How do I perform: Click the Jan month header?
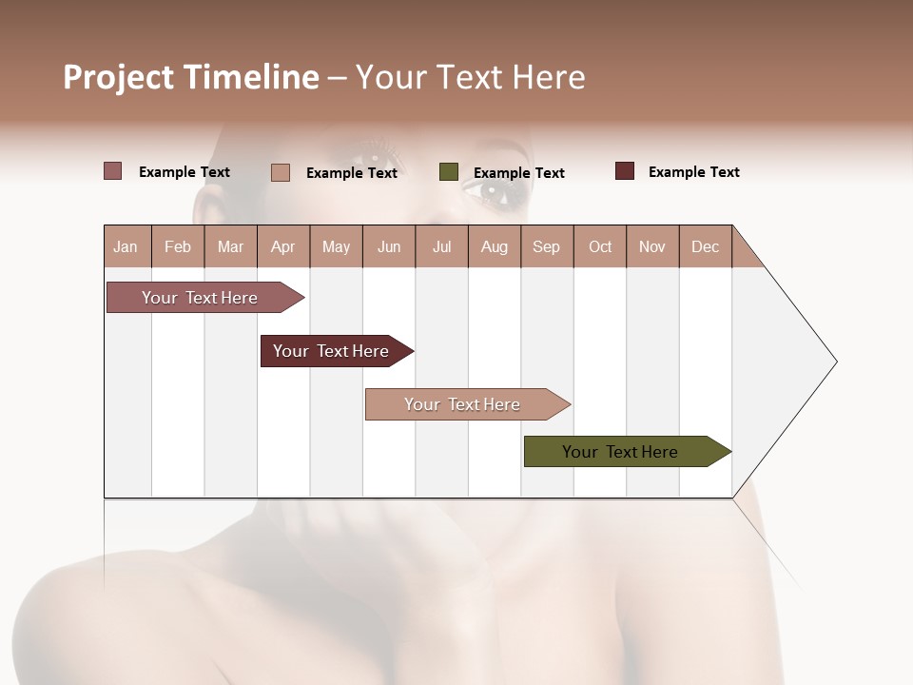(126, 246)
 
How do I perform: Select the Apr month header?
(282, 246)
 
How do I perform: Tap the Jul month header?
(441, 246)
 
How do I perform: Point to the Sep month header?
(546, 246)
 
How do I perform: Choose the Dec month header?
(705, 246)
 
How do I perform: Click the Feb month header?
(178, 246)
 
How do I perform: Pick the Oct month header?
(600, 246)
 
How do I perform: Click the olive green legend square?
(449, 172)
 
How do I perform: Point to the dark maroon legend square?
(625, 171)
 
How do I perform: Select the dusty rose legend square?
(113, 171)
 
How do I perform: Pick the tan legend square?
(281, 172)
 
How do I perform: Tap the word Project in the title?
(119, 77)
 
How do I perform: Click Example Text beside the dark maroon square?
(693, 172)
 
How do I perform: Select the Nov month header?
(651, 246)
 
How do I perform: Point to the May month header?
(336, 246)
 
